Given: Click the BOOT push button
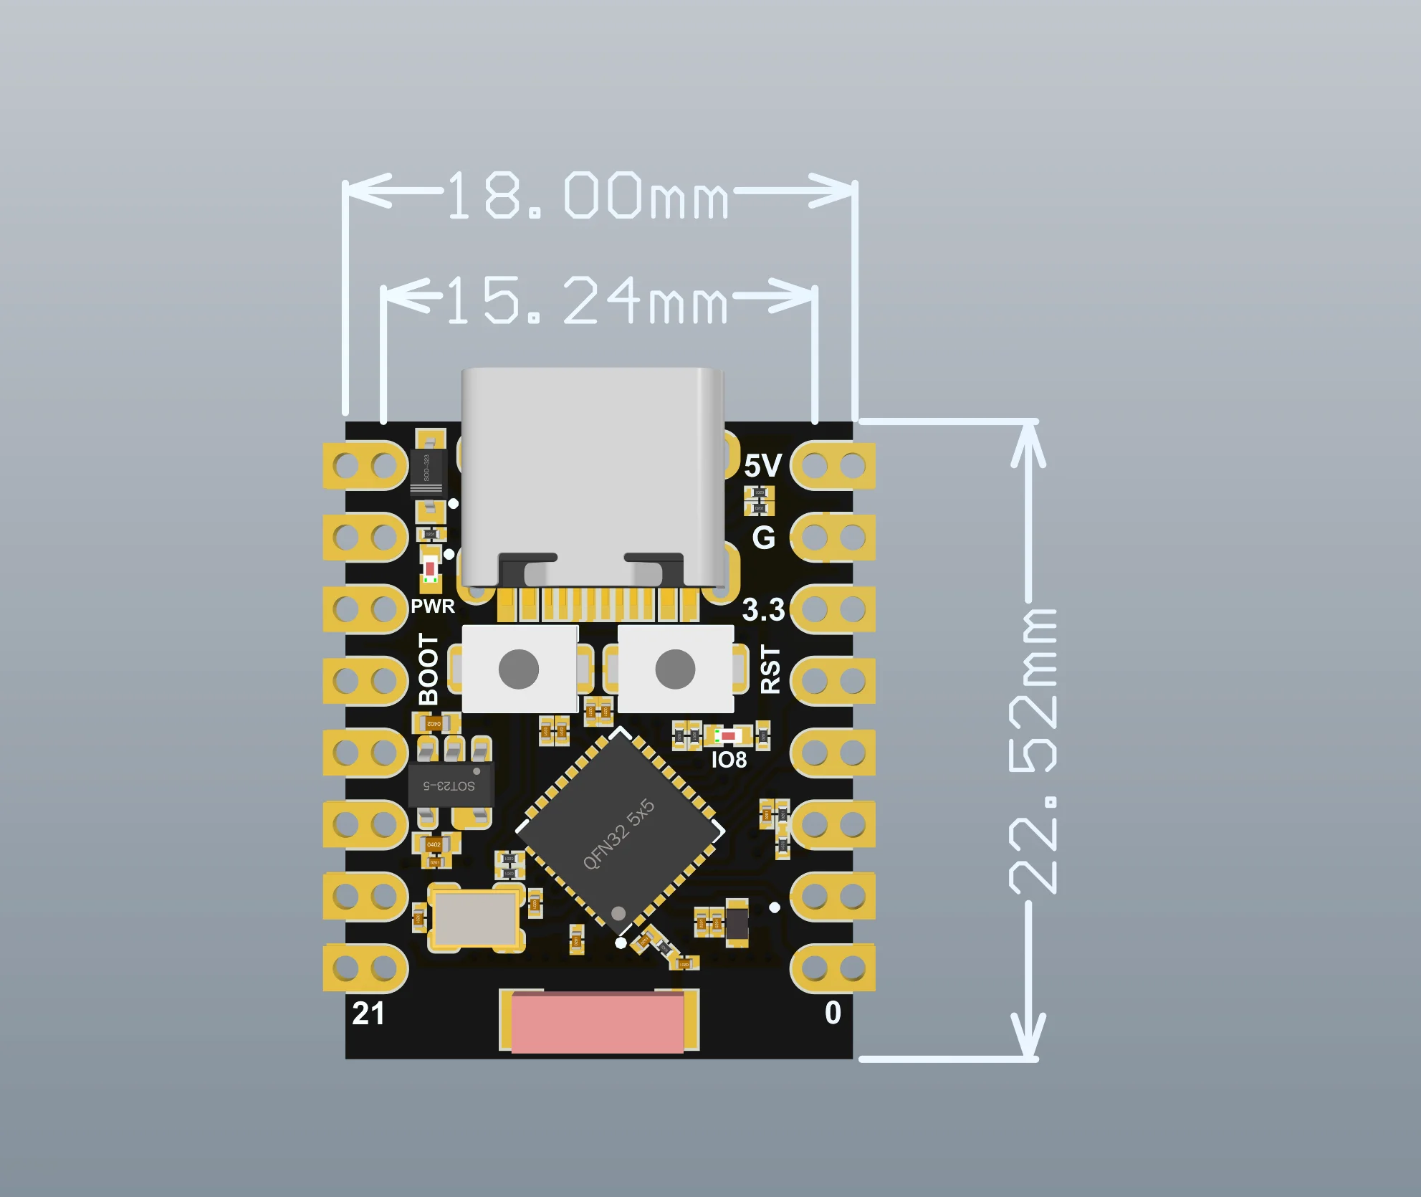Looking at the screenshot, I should [519, 668].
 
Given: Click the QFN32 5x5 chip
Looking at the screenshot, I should [620, 832].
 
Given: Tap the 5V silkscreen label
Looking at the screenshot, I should [762, 467].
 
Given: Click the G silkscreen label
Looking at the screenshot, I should [763, 538].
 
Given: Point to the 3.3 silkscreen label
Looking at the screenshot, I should [762, 610].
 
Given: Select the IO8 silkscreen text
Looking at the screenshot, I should [729, 760].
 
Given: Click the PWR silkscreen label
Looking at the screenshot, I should [432, 606].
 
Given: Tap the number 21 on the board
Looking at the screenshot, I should [368, 1014].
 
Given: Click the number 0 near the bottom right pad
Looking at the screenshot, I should [833, 1013].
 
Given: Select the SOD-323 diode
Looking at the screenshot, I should [427, 472].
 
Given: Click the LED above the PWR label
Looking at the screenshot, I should [430, 568].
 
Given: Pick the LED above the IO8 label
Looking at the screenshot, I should [729, 735].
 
